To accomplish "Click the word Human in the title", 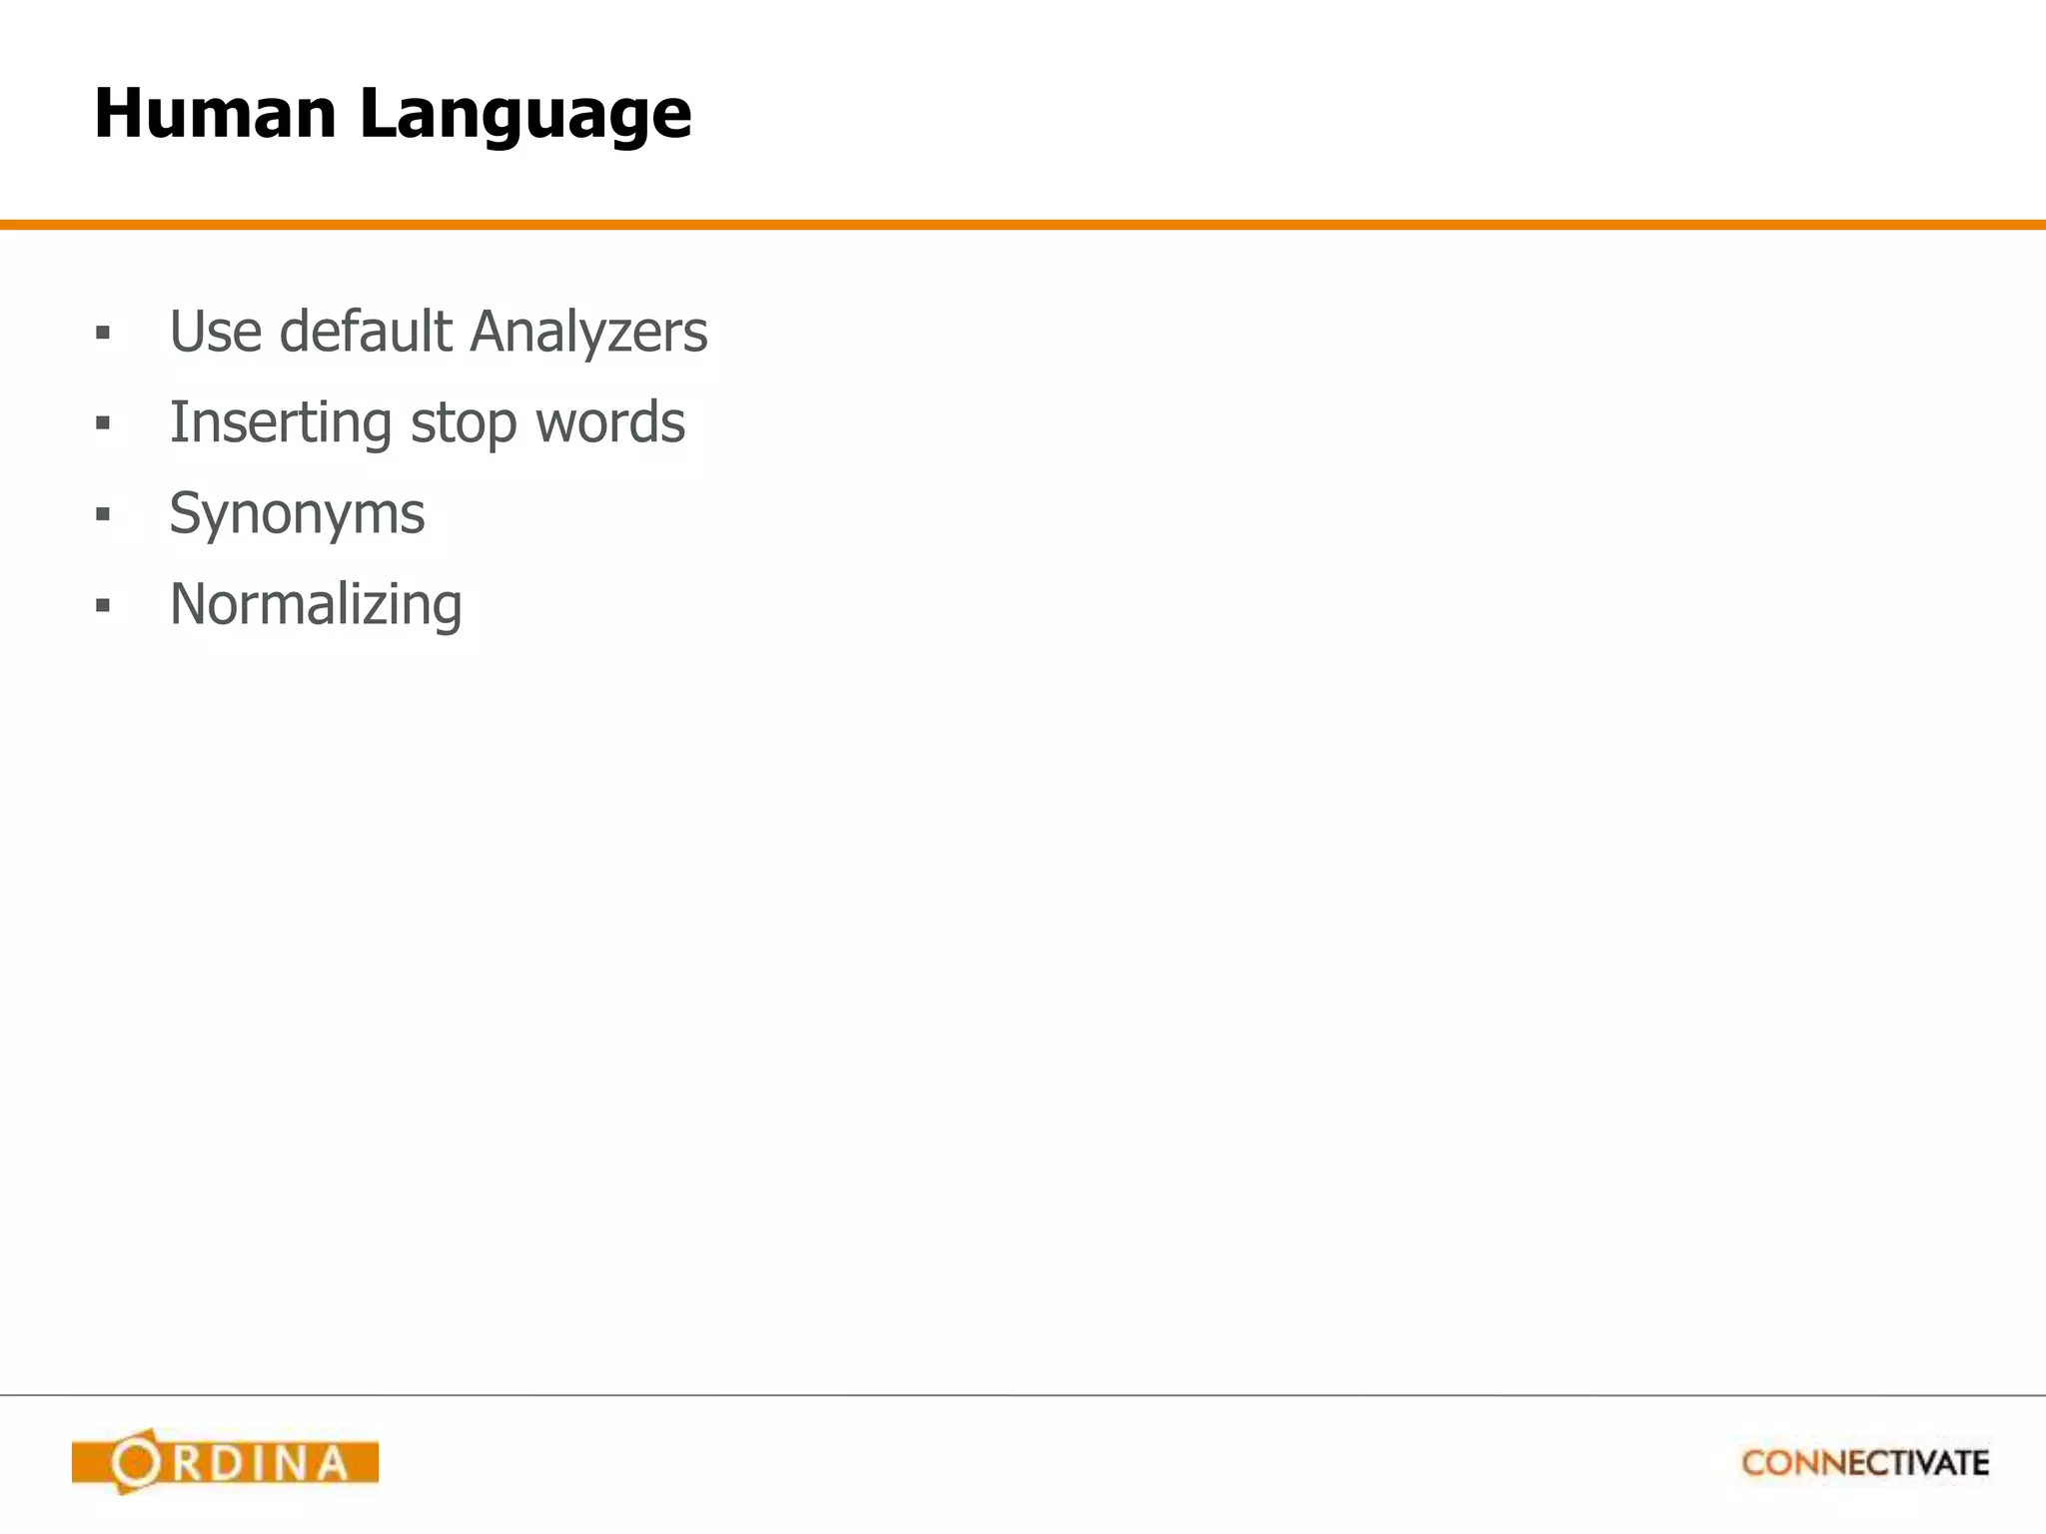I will click(215, 113).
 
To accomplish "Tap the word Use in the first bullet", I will click(215, 332).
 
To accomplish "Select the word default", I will click(365, 332).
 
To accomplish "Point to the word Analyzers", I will click(588, 334).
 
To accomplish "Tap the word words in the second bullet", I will click(610, 422).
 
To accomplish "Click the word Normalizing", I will click(316, 606).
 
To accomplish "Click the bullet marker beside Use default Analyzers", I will click(103, 333).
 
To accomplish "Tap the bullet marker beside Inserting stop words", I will click(103, 423).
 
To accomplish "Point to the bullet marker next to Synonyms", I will click(103, 514).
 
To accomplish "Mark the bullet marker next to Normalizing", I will click(103, 605).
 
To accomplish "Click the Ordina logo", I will click(225, 1462).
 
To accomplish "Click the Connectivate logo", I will click(1865, 1463).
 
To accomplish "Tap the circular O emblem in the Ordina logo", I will click(135, 1462).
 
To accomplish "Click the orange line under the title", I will click(1023, 225).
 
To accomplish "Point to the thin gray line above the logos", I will click(1023, 1394).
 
